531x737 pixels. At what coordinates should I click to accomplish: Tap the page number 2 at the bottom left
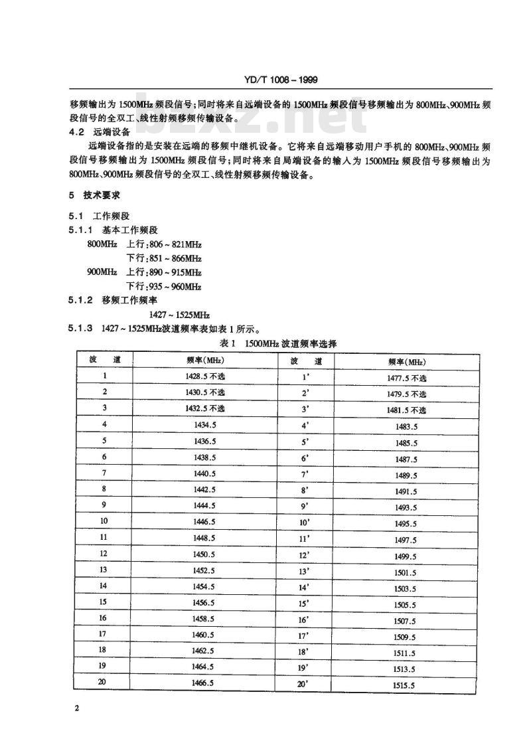point(78,708)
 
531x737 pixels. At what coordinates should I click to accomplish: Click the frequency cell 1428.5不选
point(205,376)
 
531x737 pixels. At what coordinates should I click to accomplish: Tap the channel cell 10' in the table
point(306,522)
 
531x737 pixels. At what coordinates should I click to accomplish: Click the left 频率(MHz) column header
point(205,360)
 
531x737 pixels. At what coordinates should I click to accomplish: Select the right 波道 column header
point(306,361)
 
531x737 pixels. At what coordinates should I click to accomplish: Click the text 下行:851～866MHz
point(164,258)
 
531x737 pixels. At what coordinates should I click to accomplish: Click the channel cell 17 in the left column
point(102,634)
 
